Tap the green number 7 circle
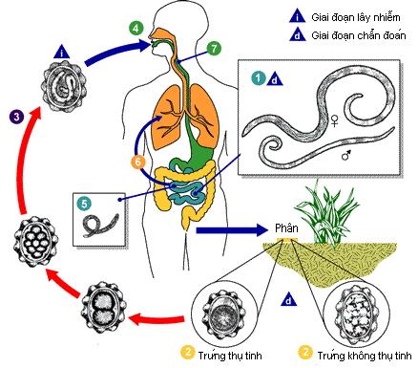coord(214,47)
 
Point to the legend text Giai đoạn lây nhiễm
coord(366,16)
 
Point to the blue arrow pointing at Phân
coord(229,230)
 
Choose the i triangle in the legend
coord(302,16)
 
